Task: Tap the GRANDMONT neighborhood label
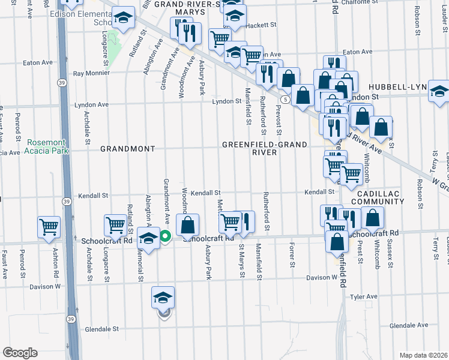tap(127, 148)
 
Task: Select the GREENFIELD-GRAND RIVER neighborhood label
tap(265, 148)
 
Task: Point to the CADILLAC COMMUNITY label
tap(377, 199)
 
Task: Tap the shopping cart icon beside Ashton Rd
tap(49, 227)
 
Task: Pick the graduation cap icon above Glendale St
tap(163, 298)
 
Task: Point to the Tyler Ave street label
tap(363, 296)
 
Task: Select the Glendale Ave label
tap(408, 325)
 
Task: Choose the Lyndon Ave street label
tap(91, 104)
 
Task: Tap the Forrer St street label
tap(292, 256)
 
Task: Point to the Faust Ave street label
tap(4, 265)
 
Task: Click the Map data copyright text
tap(423, 355)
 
